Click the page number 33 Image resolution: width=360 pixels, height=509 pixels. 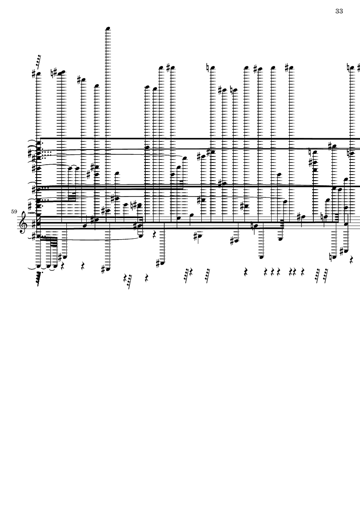point(339,11)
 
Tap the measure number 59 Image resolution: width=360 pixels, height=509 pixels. point(14,212)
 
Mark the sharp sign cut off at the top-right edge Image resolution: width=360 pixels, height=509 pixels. point(359,69)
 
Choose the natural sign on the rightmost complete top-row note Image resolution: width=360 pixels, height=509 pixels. point(348,68)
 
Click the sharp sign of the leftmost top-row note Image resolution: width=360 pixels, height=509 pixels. point(34,74)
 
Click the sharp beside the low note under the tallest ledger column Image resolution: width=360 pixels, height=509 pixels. point(103,269)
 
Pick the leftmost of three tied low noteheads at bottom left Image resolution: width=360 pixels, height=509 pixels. point(39,266)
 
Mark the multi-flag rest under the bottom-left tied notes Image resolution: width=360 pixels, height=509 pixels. point(39,279)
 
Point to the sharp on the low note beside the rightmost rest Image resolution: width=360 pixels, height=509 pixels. point(341,251)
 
